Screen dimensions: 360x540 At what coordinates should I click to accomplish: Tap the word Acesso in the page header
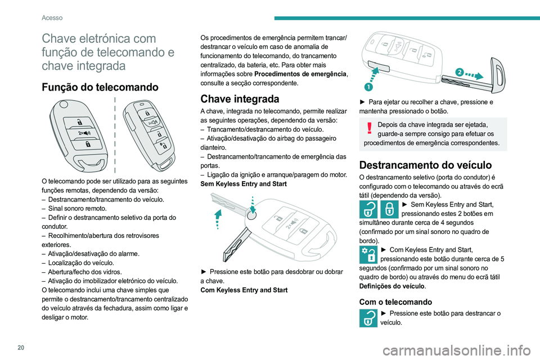pyautogui.click(x=52, y=17)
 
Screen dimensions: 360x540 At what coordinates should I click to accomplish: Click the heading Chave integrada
pyautogui.click(x=240, y=99)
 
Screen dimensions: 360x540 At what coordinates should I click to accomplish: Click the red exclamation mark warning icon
pyautogui.click(x=369, y=129)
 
